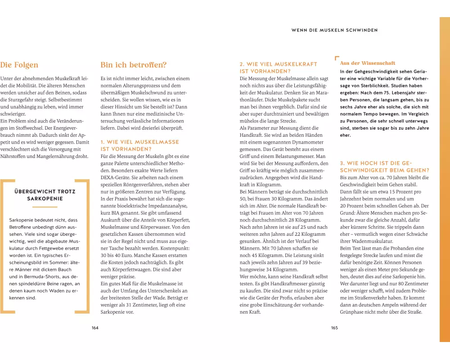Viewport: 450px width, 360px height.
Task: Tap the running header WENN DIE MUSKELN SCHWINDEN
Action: click(x=334, y=30)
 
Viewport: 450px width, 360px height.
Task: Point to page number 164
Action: click(x=95, y=328)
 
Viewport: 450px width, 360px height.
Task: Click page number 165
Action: click(x=334, y=328)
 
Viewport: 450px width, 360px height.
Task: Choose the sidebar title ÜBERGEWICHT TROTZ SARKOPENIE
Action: click(x=45, y=195)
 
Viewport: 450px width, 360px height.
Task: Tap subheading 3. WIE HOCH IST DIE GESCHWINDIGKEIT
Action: click(x=385, y=166)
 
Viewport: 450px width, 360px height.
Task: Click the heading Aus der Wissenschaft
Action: click(x=368, y=63)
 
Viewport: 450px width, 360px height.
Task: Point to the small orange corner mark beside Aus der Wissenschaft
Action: click(x=337, y=58)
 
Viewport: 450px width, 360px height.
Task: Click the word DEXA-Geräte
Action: click(x=115, y=177)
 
